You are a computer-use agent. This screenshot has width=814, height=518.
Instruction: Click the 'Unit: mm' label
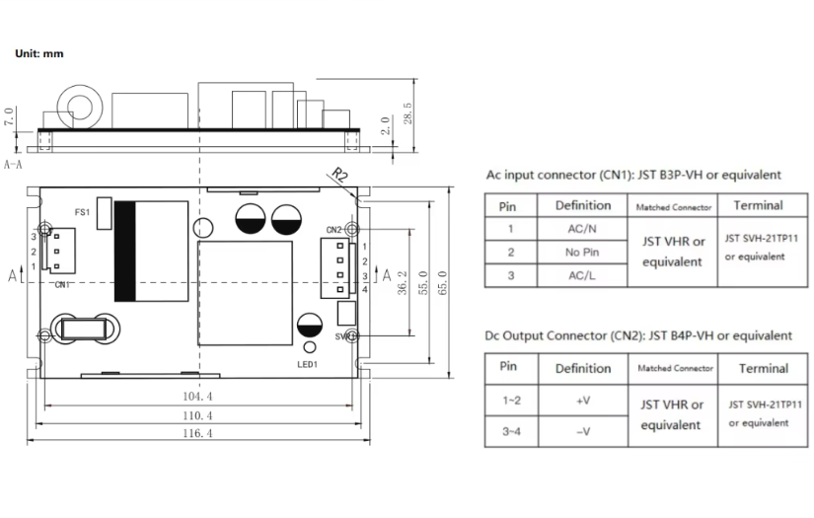tap(39, 53)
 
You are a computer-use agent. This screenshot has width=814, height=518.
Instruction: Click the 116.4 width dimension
tap(196, 434)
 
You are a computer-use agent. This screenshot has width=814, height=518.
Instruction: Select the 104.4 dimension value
tap(196, 396)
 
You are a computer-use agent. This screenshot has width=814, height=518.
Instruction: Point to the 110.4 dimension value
tap(196, 415)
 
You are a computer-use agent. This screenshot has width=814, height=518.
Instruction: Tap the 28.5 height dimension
tap(407, 112)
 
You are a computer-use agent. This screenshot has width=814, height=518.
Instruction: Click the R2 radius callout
tap(338, 177)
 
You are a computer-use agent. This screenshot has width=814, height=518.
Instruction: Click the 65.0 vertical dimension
tap(441, 280)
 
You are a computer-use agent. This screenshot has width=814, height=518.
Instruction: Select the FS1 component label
tap(83, 212)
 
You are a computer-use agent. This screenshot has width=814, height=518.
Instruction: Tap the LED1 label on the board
tap(308, 364)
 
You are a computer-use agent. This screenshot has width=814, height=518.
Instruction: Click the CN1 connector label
tap(62, 285)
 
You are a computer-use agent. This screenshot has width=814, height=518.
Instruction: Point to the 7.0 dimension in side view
tap(10, 116)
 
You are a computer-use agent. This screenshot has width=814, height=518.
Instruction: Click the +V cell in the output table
tap(583, 402)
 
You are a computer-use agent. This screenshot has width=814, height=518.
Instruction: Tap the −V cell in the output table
tap(583, 431)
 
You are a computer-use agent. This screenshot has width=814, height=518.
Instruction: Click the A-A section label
tap(14, 164)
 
